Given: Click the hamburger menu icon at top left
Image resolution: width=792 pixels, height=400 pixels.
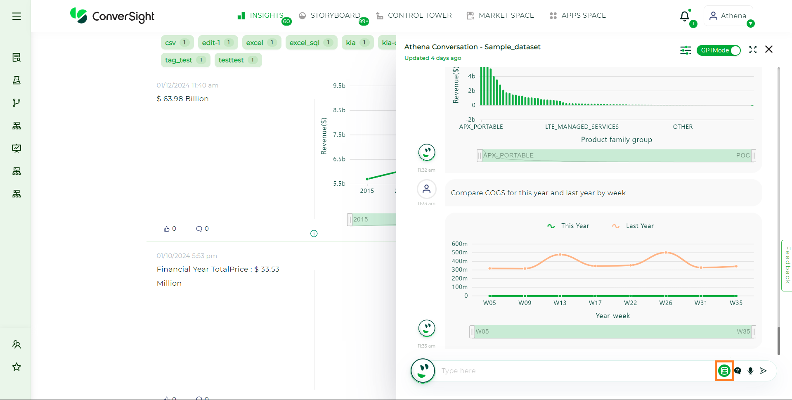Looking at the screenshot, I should (x=17, y=16).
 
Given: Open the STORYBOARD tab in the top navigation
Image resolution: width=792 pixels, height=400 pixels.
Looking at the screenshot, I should (x=330, y=16).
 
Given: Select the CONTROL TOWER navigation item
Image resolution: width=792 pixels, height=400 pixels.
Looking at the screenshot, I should (x=414, y=16).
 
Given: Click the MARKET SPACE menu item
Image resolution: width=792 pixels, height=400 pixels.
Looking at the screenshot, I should (x=500, y=16).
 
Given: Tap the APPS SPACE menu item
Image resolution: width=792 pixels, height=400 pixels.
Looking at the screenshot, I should (x=578, y=16).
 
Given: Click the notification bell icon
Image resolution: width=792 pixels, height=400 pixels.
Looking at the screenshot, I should (x=685, y=16).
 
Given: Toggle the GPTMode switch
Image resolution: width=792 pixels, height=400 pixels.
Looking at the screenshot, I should (x=719, y=50).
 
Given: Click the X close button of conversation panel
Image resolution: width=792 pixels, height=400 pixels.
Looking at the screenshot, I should (x=768, y=50).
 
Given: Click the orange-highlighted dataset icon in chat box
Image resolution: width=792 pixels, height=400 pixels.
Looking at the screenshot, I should (x=724, y=371).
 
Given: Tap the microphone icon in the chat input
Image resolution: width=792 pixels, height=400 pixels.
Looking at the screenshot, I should (x=750, y=371).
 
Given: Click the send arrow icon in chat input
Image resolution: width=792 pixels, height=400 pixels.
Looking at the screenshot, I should (x=764, y=371).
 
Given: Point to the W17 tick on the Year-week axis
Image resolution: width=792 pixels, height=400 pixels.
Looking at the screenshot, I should (x=595, y=303).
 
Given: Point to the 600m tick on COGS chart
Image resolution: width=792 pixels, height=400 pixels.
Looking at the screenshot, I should (x=459, y=244).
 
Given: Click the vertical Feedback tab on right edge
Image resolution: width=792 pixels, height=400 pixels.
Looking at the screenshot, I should (x=787, y=265).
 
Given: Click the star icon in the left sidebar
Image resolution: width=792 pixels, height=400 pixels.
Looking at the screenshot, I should (x=17, y=367).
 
